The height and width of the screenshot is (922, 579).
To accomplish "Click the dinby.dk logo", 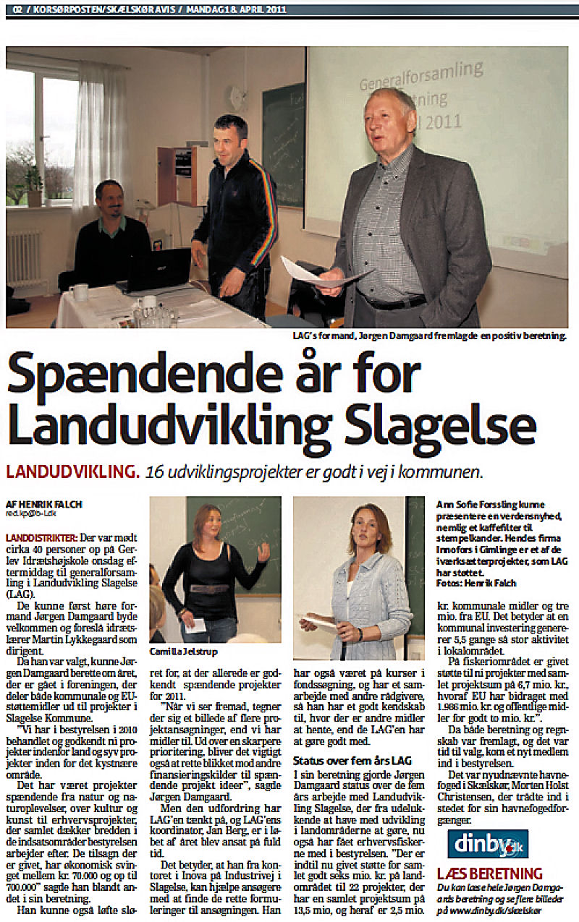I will [478, 843].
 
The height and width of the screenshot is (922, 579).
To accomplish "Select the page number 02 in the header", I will [12, 9].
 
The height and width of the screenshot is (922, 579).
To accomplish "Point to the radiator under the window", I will [24, 258].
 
